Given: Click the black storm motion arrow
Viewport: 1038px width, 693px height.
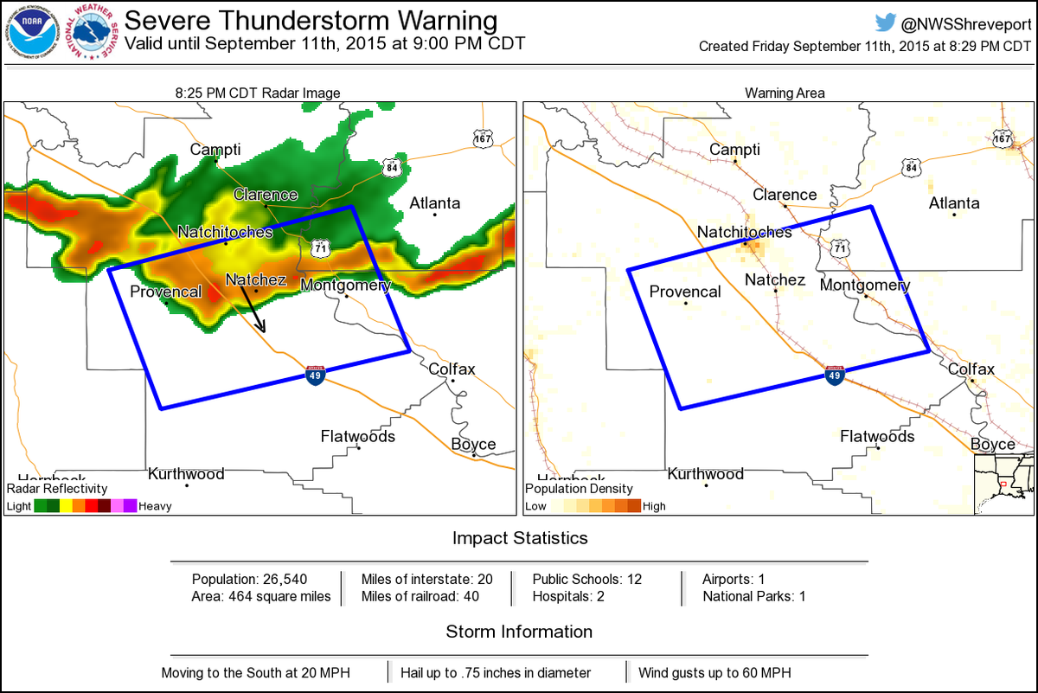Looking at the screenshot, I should point(253,307).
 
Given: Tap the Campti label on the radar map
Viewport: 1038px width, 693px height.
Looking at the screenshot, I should point(215,150).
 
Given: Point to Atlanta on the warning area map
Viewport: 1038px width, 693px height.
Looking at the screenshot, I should point(954,203).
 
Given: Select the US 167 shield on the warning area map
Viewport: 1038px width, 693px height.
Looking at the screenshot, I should point(1003,138).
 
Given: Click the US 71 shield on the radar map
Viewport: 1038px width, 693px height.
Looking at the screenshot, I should point(320,247).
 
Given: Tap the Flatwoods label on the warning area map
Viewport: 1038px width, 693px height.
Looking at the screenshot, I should point(877,437).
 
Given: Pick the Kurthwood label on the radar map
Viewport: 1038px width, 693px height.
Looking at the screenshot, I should point(186,474).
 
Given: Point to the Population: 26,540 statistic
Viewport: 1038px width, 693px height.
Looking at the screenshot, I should point(249,579).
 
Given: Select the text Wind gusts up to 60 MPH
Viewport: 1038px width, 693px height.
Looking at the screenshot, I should point(714,672).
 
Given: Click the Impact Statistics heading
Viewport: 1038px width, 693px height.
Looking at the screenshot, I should point(520,538).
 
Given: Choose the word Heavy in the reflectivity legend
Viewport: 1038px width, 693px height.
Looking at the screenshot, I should point(155,506).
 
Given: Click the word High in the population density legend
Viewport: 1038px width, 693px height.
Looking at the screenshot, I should point(655,506).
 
